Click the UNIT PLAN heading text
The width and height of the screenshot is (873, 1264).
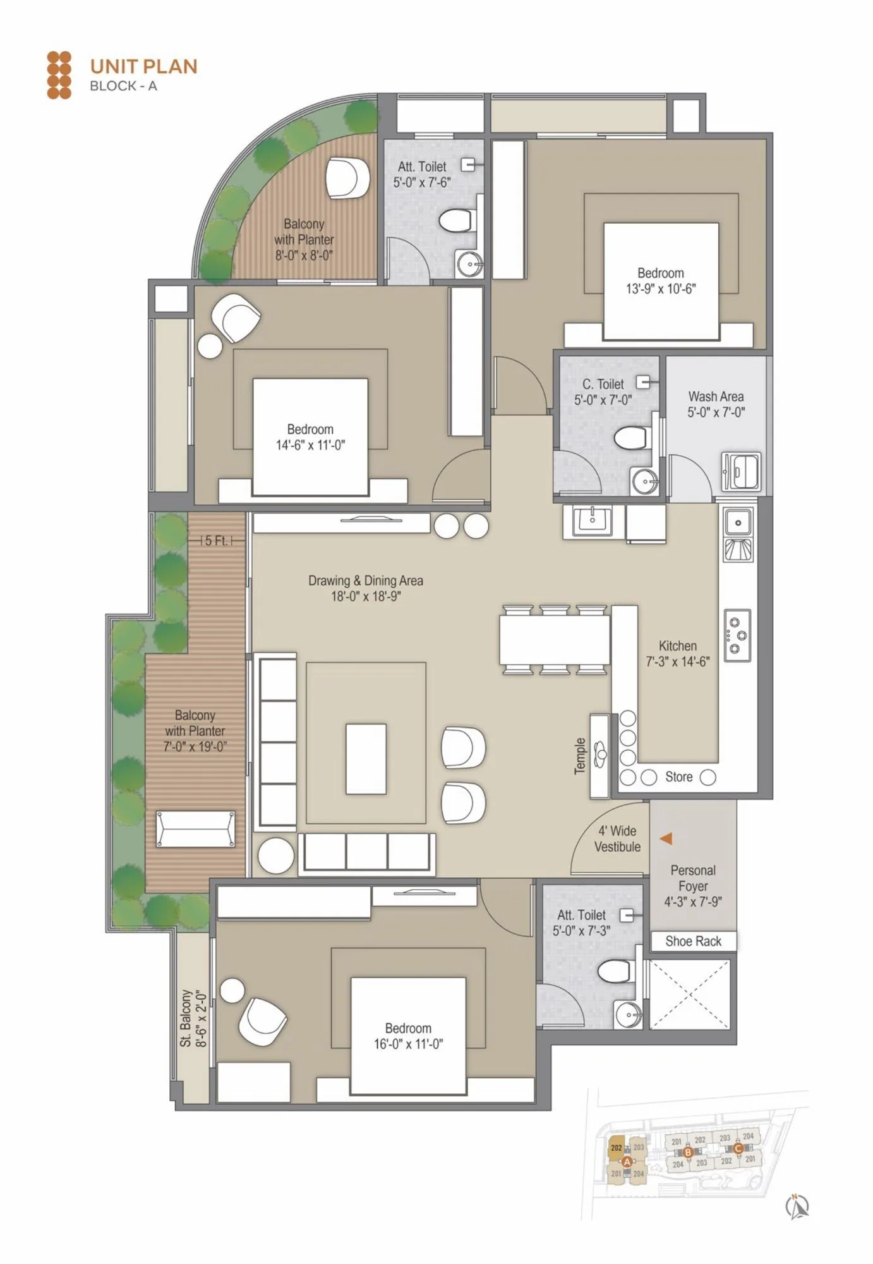(x=143, y=66)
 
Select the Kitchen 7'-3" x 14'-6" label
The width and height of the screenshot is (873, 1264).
(x=677, y=653)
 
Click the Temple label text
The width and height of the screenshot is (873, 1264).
(x=580, y=755)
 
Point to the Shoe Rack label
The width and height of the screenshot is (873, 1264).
(x=693, y=941)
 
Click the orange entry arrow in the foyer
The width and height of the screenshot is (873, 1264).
(x=666, y=839)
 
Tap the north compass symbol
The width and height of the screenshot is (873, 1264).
(x=798, y=1206)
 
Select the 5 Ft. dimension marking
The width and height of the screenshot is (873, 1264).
(x=216, y=541)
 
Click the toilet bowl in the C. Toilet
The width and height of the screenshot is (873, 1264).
(x=631, y=438)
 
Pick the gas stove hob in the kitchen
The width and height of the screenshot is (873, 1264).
(x=737, y=635)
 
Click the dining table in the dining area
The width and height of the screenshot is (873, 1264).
(x=555, y=639)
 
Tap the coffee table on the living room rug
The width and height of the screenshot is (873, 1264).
(x=366, y=758)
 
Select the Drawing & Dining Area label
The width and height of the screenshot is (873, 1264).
(x=366, y=588)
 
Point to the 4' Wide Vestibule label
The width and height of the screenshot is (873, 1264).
(x=617, y=839)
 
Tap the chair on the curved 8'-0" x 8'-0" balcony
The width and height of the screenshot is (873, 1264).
(x=347, y=178)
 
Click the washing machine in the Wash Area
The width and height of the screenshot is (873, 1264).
(x=741, y=471)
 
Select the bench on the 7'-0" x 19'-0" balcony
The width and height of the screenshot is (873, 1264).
(x=195, y=829)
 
